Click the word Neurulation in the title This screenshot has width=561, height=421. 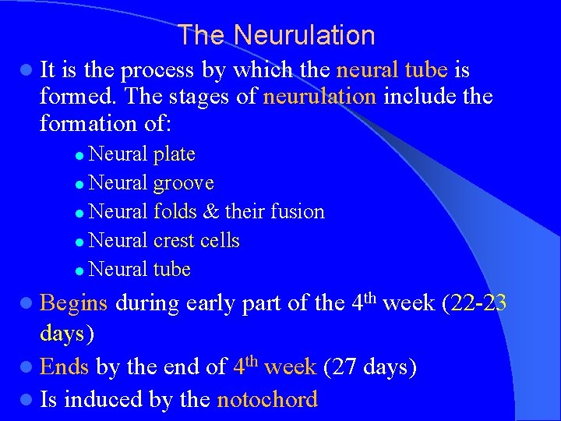point(304,36)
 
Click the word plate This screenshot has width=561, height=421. point(174,154)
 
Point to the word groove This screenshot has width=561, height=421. point(183,183)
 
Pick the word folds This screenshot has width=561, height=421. point(175,211)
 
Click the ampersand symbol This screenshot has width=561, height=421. point(210,212)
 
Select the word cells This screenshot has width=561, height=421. point(220,241)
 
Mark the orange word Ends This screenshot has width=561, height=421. point(64,366)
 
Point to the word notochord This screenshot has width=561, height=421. point(267,400)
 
